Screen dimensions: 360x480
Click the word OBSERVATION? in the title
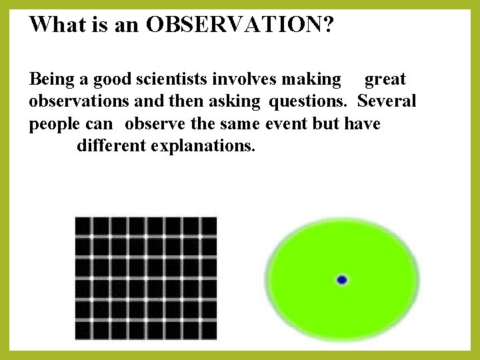click(241, 25)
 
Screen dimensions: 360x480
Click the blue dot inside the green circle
click(342, 280)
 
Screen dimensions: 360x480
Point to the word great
click(385, 79)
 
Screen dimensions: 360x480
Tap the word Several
click(387, 101)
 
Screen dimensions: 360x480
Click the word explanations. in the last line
click(203, 145)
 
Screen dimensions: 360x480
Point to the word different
click(111, 145)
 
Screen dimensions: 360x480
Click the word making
click(311, 79)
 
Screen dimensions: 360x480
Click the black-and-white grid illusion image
click(146, 277)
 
